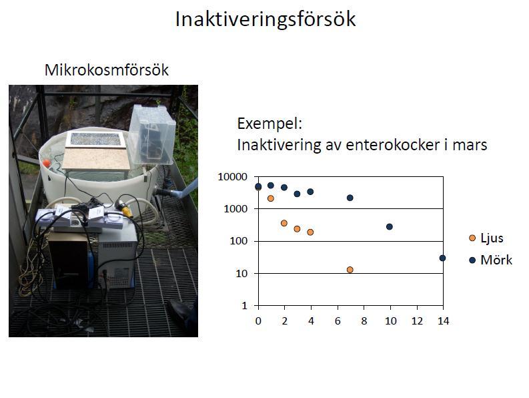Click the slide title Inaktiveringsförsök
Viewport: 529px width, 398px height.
pos(266,19)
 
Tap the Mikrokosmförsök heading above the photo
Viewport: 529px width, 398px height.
pos(106,70)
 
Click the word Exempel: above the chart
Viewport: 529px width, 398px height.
pos(270,124)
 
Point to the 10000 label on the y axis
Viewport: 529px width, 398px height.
pos(232,177)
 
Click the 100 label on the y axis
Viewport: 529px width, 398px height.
pos(239,241)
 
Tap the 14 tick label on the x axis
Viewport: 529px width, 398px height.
pos(444,321)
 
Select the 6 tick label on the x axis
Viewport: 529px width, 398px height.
pos(338,321)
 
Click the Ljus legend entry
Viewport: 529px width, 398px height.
pos(486,238)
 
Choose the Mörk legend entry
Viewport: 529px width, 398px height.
pos(491,260)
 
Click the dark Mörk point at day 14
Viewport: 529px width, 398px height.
pos(443,258)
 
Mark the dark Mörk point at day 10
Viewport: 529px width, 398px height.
pos(390,226)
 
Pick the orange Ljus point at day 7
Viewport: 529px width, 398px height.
pos(350,270)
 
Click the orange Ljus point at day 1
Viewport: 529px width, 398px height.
pos(271,198)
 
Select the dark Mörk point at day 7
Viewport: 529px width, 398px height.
pos(350,198)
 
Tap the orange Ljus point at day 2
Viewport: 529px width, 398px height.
pos(284,223)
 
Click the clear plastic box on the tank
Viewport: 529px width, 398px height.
pos(152,134)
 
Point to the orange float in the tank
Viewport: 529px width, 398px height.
pos(47,163)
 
